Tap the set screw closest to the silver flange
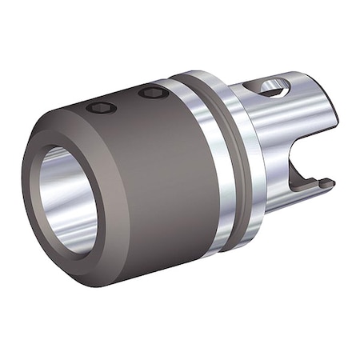click(x=150, y=94)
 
